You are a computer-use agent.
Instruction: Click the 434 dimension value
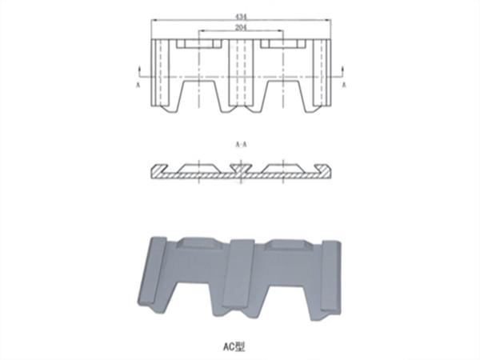[x=241, y=16]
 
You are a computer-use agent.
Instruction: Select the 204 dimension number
[x=241, y=27]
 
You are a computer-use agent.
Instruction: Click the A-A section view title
[x=241, y=145]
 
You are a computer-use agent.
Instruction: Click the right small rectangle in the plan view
[x=285, y=43]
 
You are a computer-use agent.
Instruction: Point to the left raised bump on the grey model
[x=200, y=245]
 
